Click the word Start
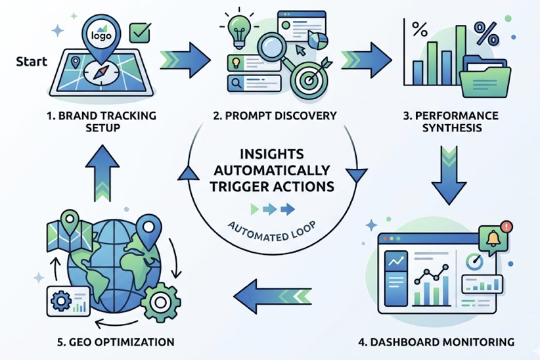[30, 64]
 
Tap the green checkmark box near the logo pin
[139, 32]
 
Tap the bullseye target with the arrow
[307, 78]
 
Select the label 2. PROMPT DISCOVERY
[275, 116]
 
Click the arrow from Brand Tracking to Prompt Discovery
[187, 56]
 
